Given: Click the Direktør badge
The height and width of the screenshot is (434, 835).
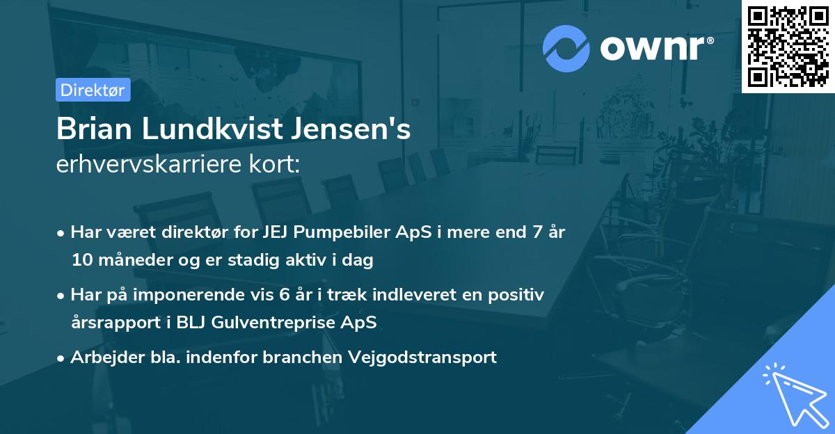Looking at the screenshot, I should pyautogui.click(x=93, y=90).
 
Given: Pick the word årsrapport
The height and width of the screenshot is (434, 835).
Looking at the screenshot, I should pyautogui.click(x=111, y=323).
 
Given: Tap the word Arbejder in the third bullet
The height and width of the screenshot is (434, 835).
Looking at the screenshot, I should pyautogui.click(x=102, y=357).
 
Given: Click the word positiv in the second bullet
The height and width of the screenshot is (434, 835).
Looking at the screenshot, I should pyautogui.click(x=518, y=295).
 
